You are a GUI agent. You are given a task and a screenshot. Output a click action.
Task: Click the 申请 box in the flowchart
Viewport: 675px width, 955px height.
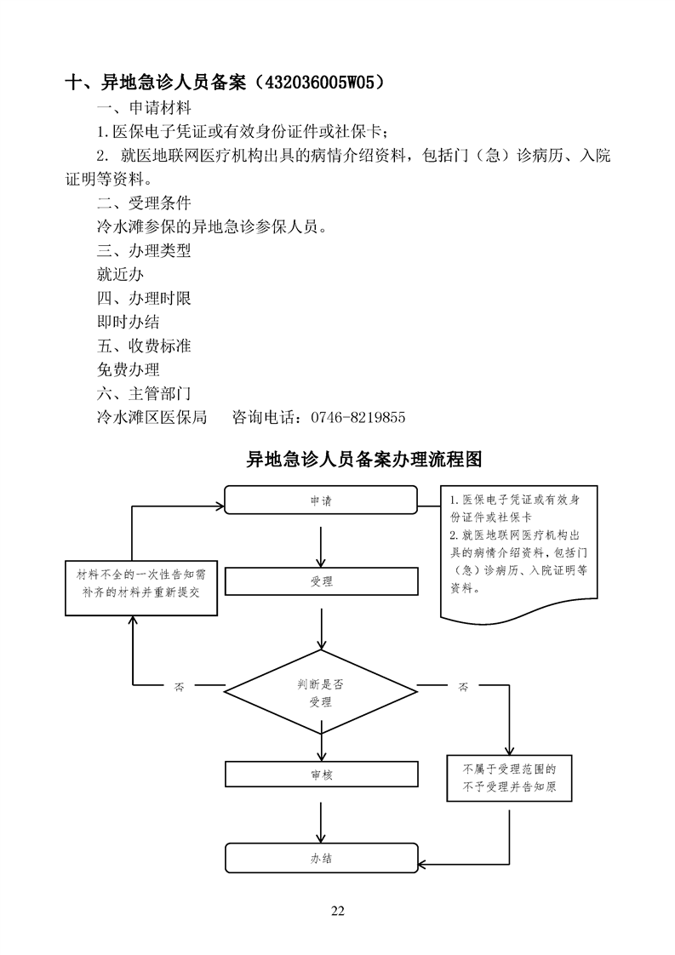pyautogui.click(x=321, y=500)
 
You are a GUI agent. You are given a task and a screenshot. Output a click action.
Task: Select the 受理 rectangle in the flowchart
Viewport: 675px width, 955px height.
pyautogui.click(x=321, y=581)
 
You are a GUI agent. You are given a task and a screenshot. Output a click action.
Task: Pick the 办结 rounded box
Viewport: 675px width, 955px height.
pyautogui.click(x=321, y=857)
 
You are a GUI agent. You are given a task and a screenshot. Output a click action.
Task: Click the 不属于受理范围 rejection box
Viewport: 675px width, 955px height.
pyautogui.click(x=510, y=777)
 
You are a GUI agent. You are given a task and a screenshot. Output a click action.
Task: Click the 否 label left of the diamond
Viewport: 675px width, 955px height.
pyautogui.click(x=179, y=686)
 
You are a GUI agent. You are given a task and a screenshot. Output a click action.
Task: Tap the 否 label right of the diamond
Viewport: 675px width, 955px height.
pyautogui.click(x=463, y=686)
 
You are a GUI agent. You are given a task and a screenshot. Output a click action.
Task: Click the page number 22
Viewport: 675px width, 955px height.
pyautogui.click(x=337, y=912)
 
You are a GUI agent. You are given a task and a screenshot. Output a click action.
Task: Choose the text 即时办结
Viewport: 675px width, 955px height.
pyautogui.click(x=129, y=323)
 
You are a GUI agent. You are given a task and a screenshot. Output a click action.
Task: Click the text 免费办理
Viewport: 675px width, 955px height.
pyautogui.click(x=129, y=370)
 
